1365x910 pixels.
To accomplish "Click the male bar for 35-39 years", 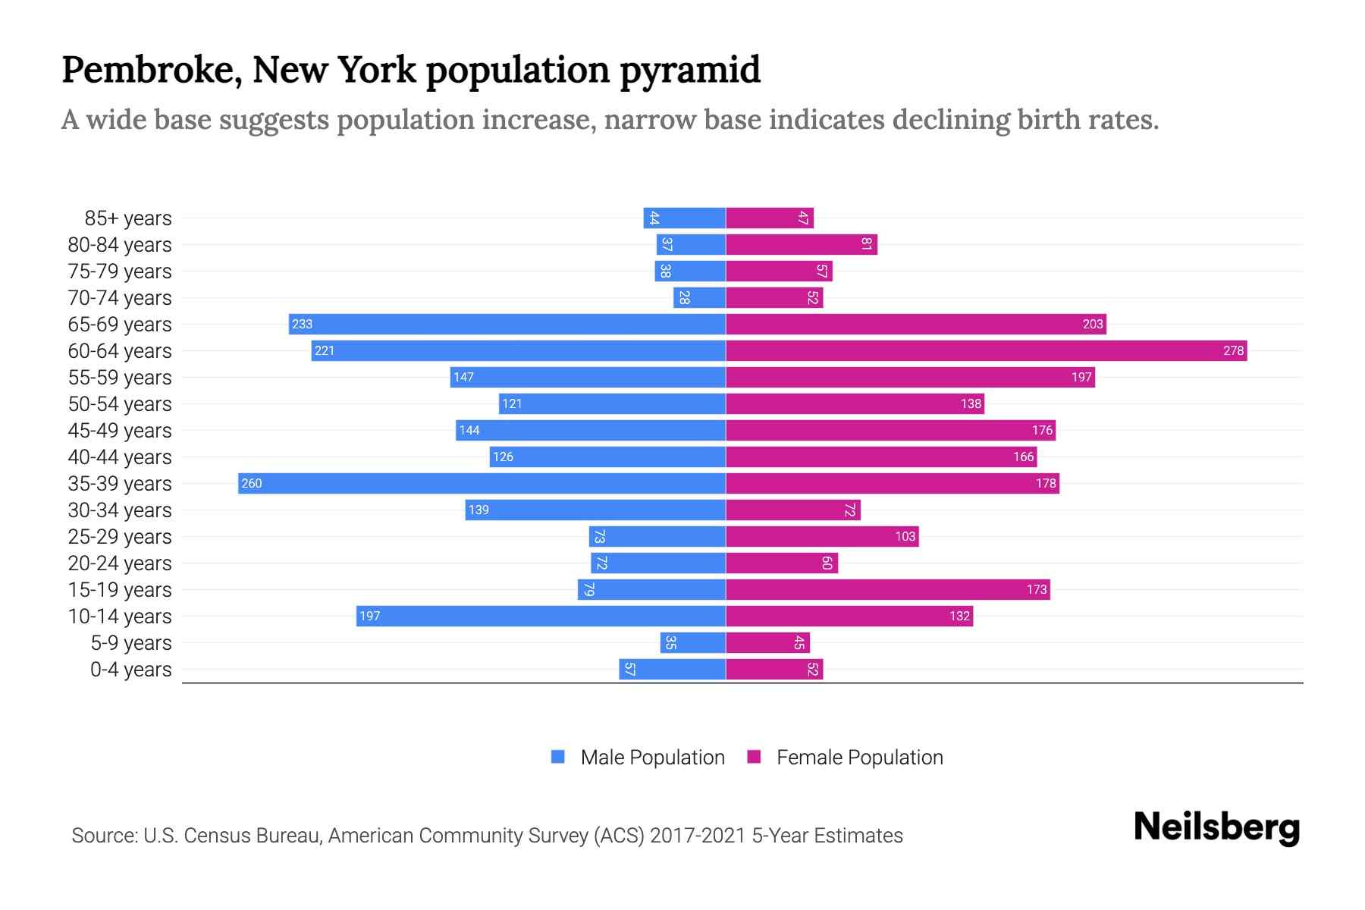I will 482,483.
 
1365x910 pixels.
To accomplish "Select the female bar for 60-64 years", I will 986,350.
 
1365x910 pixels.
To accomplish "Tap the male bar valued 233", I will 507,324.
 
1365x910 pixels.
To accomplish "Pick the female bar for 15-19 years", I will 887,589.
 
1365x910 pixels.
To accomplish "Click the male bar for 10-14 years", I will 541,616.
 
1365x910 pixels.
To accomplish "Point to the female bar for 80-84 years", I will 802,244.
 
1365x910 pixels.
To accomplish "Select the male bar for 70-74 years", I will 699,297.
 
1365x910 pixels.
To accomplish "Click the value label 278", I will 1233,350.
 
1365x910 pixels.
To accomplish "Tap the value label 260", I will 252,483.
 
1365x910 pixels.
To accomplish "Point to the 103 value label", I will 905,536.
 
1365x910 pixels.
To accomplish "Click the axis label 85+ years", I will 128,218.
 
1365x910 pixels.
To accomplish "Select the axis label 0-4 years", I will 130,670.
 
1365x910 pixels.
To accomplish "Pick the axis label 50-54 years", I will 120,404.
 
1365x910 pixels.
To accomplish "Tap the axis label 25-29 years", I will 120,537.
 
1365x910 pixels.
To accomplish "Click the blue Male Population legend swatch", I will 558,757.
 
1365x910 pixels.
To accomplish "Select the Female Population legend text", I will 859,758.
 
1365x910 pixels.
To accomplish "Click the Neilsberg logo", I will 1216,827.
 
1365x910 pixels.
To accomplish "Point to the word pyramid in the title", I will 690,71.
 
